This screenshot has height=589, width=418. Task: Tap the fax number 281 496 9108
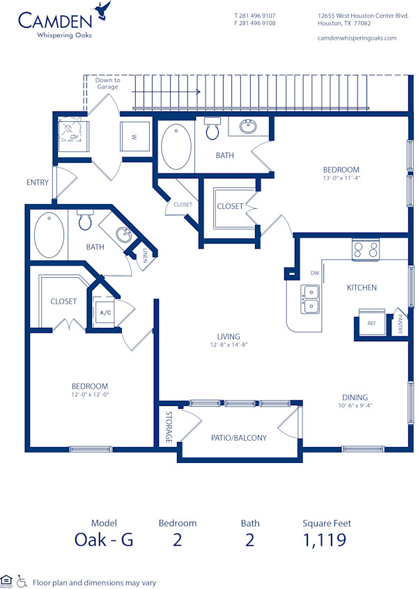point(255,23)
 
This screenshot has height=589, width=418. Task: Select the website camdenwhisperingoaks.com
point(357,38)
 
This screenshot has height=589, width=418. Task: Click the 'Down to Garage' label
point(107,84)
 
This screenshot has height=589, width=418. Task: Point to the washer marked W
point(134,136)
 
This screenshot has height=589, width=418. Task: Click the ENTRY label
point(38,183)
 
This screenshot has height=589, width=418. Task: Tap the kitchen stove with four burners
point(365,250)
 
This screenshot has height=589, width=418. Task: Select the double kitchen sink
point(310,298)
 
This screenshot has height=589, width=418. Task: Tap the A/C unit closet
point(105,313)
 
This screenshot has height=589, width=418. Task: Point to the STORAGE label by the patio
point(169,427)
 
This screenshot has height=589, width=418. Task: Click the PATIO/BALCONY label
point(238,438)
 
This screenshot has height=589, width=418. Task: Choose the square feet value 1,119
point(325,539)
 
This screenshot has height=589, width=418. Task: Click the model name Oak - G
point(103,539)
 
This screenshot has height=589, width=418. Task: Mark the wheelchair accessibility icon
point(22,580)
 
